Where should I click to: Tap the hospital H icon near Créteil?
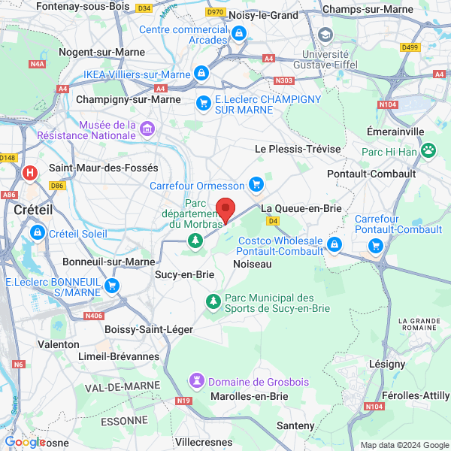(x=30, y=174)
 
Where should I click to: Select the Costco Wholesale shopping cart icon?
(x=334, y=245)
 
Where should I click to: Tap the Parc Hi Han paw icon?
(x=428, y=150)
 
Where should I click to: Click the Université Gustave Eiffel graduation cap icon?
(x=325, y=35)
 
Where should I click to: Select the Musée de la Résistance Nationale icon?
(x=147, y=129)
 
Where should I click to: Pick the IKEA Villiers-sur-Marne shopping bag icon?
(x=201, y=73)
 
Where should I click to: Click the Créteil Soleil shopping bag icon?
(x=37, y=234)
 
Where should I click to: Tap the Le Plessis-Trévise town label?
(x=298, y=149)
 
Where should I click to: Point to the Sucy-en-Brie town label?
(x=184, y=274)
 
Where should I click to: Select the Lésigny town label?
(x=387, y=363)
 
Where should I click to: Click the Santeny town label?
(x=295, y=425)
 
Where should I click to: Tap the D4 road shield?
(x=273, y=221)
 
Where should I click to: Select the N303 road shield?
(x=284, y=80)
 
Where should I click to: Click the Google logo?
(x=25, y=442)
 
